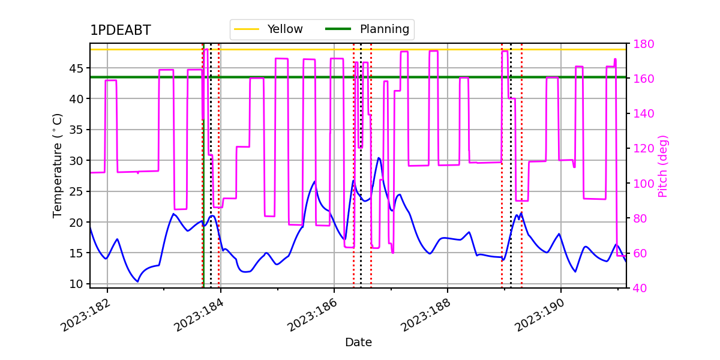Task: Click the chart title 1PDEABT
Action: click(x=121, y=30)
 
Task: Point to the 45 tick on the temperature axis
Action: click(x=76, y=68)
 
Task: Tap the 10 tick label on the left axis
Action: click(x=76, y=284)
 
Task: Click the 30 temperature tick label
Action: click(x=76, y=161)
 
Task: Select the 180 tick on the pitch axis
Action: click(x=643, y=44)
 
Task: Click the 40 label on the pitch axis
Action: click(x=640, y=289)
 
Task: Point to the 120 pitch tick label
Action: click(x=643, y=149)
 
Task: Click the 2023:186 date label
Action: click(x=313, y=315)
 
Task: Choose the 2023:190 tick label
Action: click(x=539, y=315)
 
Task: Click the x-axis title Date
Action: click(x=358, y=343)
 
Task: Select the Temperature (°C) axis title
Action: click(x=57, y=166)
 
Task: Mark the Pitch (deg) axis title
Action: click(x=663, y=167)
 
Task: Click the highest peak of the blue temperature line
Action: click(x=379, y=158)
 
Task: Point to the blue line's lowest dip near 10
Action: click(x=137, y=281)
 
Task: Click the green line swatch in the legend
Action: click(x=338, y=29)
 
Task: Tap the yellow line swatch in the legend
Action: click(x=247, y=29)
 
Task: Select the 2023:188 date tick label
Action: click(x=426, y=315)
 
